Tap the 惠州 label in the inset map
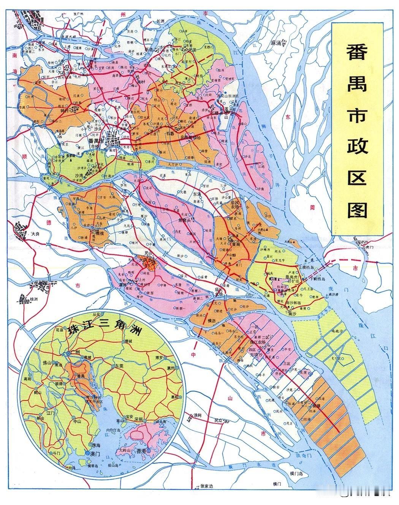169,368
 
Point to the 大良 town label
36,234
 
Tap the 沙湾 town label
79,176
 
